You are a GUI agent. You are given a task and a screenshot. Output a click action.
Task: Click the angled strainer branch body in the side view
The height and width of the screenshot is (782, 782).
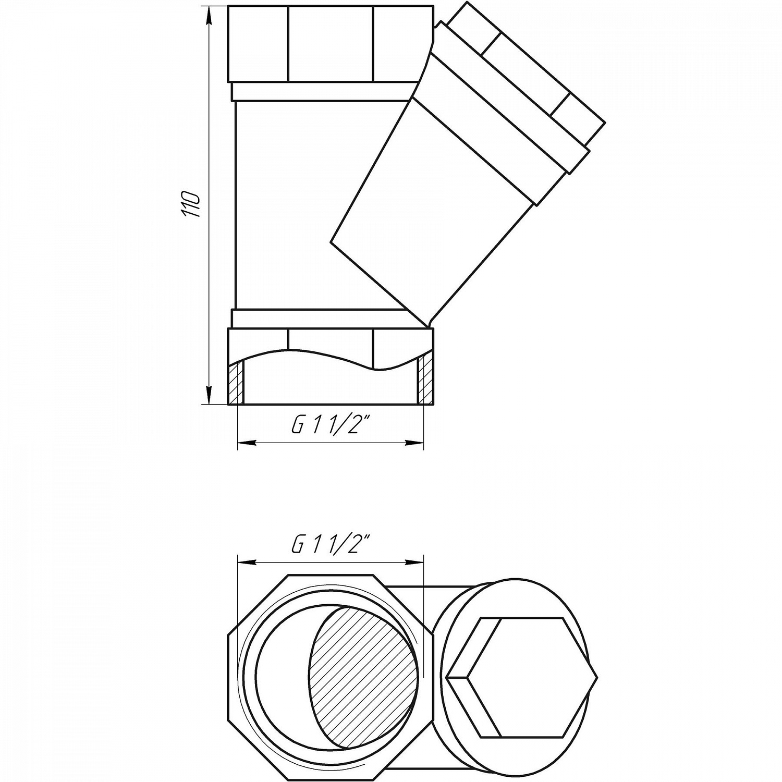[433, 209]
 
